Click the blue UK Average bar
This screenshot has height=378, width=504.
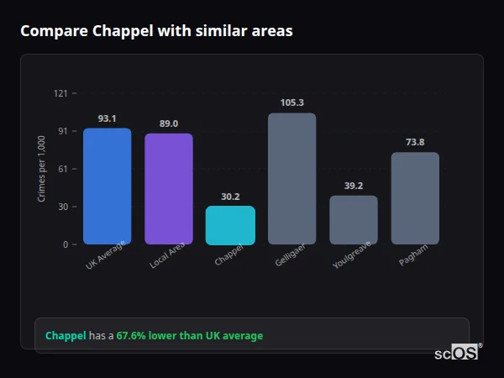point(107,186)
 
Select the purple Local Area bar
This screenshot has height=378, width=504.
point(168,189)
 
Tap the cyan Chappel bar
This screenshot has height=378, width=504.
point(230,225)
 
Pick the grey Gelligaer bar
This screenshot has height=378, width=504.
point(291,179)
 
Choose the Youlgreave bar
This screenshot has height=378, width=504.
point(353,220)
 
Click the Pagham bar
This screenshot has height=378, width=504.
point(415,198)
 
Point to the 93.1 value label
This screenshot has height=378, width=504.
point(107,118)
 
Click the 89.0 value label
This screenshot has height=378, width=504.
point(168,123)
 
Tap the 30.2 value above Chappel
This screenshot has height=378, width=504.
point(230,197)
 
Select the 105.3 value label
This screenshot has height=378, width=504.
point(291,102)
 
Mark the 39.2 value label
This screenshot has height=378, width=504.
point(353,186)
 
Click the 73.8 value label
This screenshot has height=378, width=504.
point(415,142)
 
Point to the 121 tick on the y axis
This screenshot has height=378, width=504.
point(60,93)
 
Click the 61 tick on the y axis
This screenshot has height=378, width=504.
point(63,169)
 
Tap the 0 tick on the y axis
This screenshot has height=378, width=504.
point(66,244)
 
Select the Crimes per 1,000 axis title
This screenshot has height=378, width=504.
point(41,169)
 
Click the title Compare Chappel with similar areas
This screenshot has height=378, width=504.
point(156,31)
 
